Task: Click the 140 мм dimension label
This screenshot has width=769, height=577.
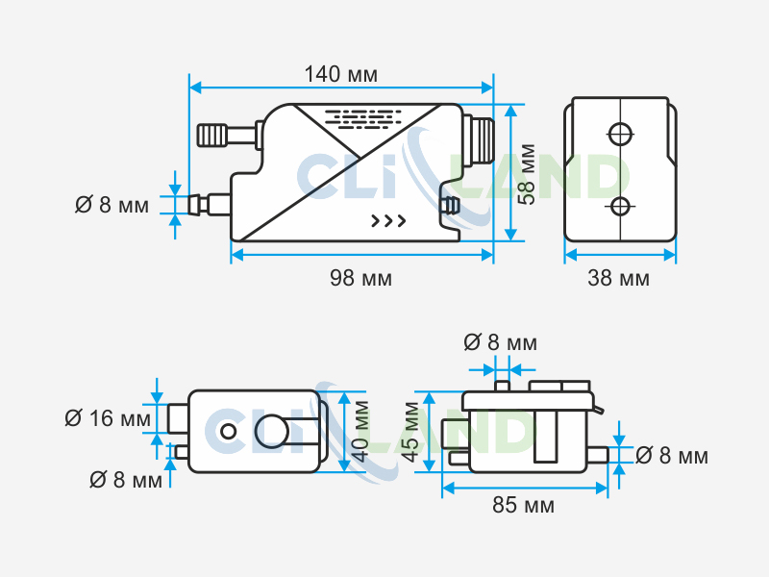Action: [341, 74]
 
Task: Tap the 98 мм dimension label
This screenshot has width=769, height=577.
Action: [360, 279]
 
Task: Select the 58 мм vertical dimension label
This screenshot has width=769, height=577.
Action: [526, 174]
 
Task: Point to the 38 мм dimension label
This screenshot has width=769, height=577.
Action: [619, 279]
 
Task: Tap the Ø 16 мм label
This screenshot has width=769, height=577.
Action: [108, 418]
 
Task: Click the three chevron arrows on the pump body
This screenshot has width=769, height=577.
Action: [388, 221]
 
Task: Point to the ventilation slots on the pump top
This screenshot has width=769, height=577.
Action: [363, 119]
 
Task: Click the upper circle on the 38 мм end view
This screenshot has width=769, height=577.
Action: [621, 132]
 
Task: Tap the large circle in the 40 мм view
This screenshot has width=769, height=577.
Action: [271, 432]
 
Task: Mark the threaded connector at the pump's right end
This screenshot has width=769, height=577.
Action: [478, 140]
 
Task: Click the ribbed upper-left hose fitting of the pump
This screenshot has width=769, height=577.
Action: [213, 134]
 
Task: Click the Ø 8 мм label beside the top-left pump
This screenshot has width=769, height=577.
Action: [112, 205]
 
